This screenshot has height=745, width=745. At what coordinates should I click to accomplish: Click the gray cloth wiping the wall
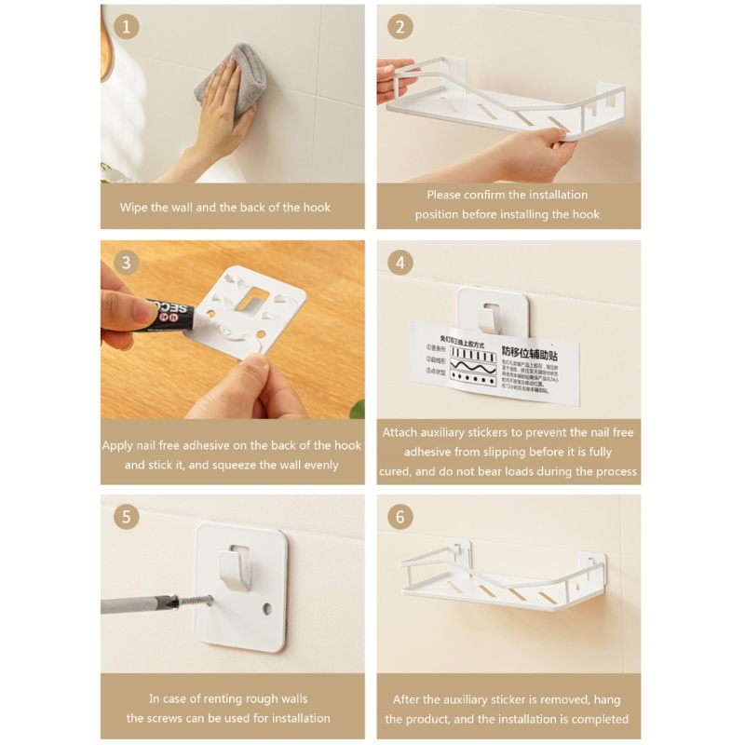point(230,72)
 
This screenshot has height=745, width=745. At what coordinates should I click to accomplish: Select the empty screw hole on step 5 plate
point(268,610)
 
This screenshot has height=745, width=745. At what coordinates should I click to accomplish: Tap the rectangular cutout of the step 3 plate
point(254,300)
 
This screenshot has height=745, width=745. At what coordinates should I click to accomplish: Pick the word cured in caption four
point(398,472)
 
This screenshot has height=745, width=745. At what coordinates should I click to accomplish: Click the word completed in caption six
point(600,719)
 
